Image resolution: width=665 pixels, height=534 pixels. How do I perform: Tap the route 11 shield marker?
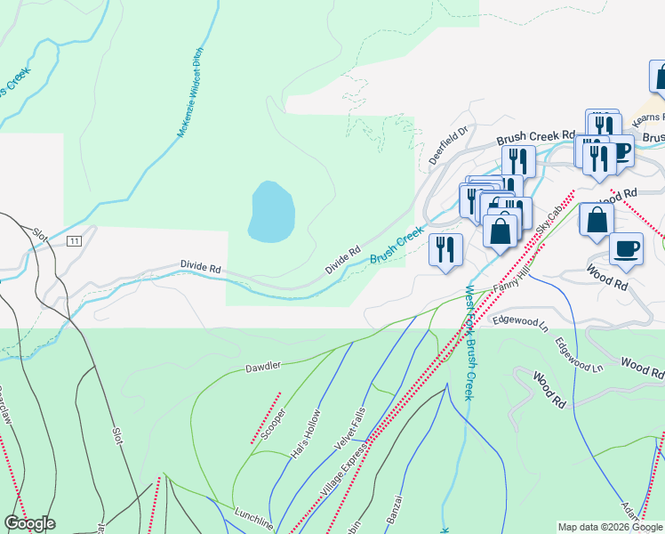(75, 241)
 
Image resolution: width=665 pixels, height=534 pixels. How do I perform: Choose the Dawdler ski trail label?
(263, 366)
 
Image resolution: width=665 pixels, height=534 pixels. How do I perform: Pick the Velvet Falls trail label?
(349, 426)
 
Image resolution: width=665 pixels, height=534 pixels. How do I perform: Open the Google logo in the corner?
(29, 523)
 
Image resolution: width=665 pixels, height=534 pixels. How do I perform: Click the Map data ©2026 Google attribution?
(609, 526)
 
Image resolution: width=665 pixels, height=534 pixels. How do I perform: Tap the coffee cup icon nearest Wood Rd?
(627, 249)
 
